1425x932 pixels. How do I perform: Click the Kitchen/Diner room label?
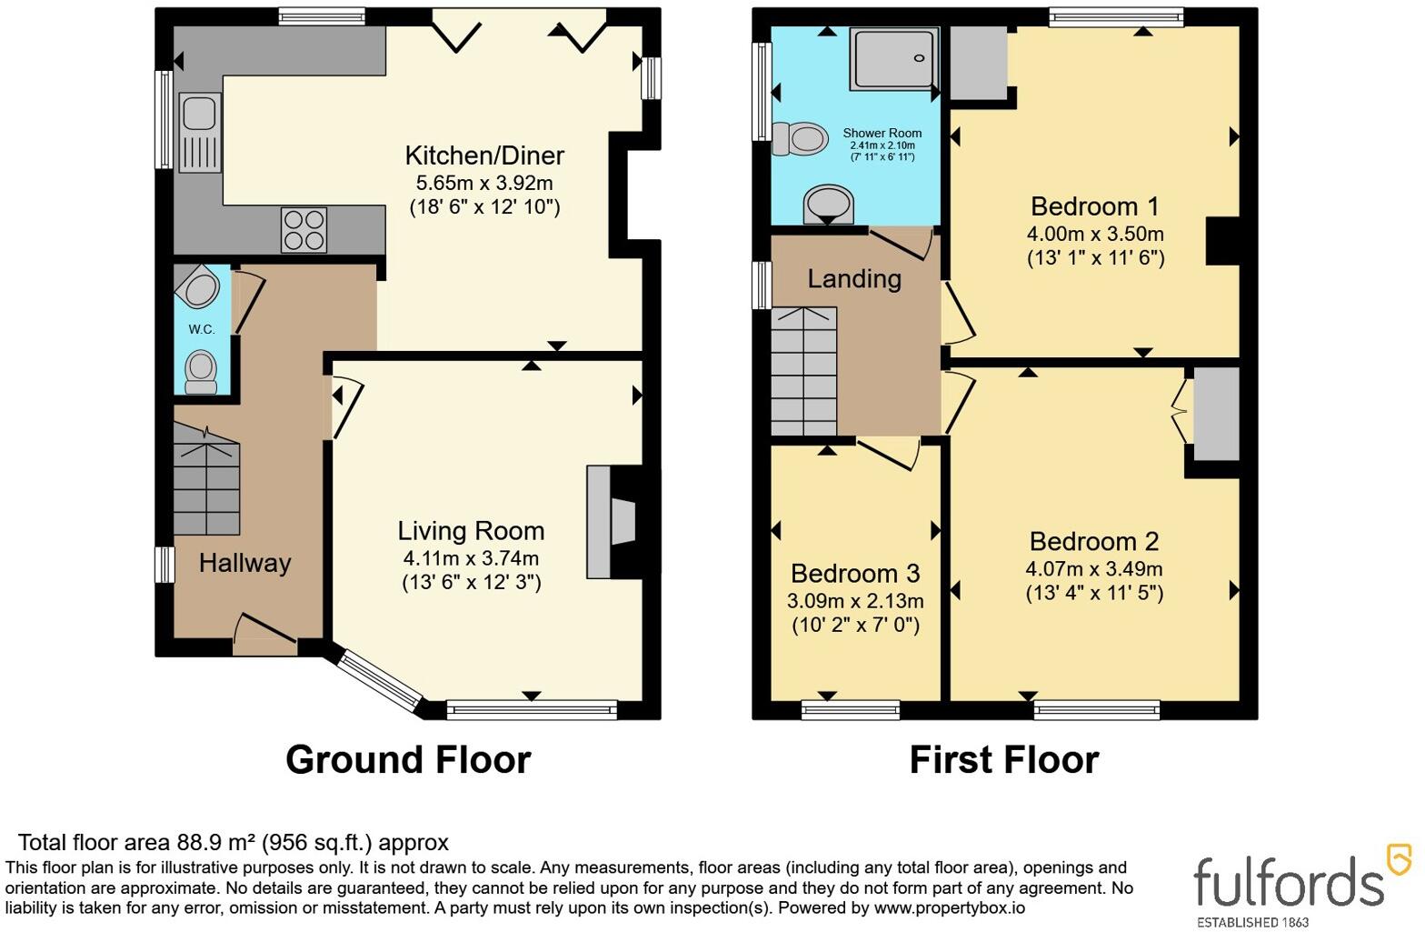[484, 155]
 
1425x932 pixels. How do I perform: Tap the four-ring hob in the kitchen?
[304, 230]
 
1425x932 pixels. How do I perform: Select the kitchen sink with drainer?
[200, 133]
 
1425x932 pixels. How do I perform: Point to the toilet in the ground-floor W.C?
[201, 373]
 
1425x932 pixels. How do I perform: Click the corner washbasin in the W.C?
[198, 287]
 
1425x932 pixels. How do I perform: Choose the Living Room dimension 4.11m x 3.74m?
[471, 558]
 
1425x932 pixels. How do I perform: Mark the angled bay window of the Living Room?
[379, 680]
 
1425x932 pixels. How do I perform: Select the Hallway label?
[245, 563]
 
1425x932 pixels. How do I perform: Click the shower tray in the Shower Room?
[894, 58]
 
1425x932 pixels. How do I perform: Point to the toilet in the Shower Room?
[800, 139]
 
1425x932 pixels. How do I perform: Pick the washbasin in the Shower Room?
[828, 205]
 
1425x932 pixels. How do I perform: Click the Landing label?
[854, 279]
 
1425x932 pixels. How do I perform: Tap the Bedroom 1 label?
[1095, 206]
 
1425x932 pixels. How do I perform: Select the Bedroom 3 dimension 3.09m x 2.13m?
[855, 601]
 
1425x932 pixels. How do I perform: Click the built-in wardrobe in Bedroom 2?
[1216, 414]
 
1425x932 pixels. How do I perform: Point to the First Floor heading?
[1004, 759]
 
